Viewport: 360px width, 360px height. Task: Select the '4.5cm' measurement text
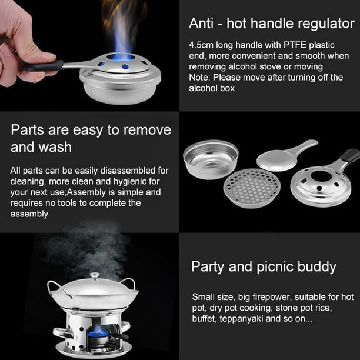click(x=201, y=45)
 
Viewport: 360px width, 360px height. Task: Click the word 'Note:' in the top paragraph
click(x=201, y=78)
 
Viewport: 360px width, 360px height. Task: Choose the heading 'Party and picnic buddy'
click(x=264, y=266)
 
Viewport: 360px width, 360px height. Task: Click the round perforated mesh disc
click(x=252, y=188)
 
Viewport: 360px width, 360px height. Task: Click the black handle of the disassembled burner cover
click(x=349, y=156)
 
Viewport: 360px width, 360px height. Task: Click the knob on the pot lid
click(x=94, y=275)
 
